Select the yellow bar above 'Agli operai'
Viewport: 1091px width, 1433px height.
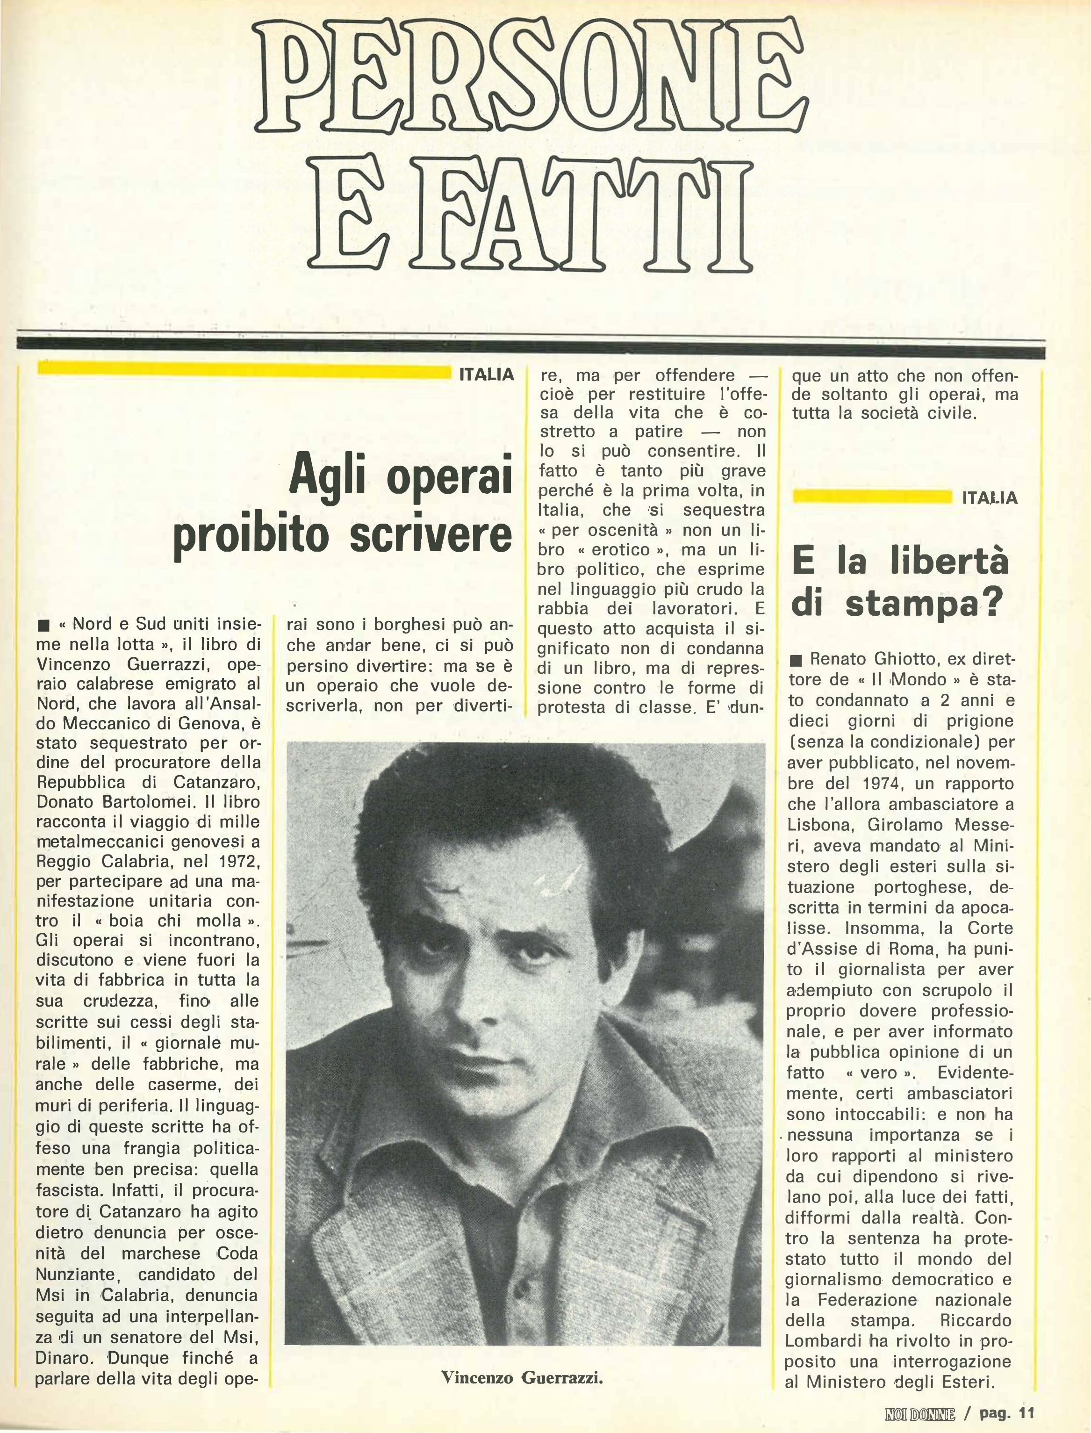244,370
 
